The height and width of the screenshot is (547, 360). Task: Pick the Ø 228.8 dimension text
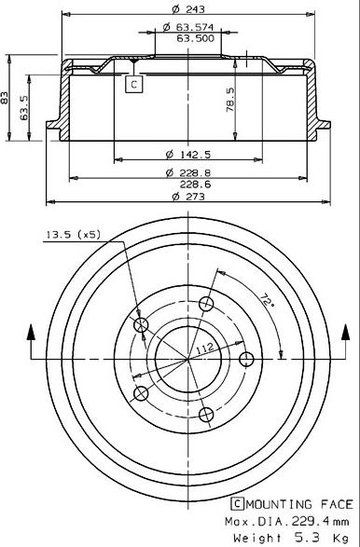187,172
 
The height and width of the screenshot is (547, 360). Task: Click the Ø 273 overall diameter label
187,198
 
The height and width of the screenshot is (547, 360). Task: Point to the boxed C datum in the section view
133,85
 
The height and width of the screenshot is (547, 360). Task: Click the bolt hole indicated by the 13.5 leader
143,324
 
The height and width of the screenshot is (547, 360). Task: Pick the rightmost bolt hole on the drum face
247,360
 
